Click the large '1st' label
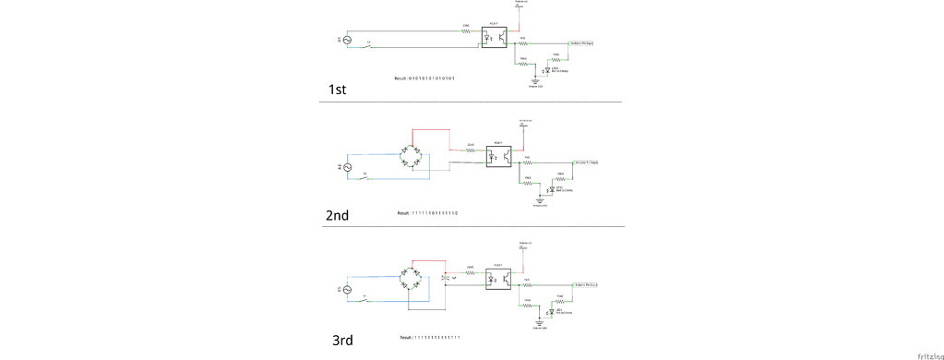coord(337,90)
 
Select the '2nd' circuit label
coord(337,215)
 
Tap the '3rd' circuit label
coord(342,341)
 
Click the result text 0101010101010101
coord(424,78)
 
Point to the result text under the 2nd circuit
coord(427,213)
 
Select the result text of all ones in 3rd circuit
coord(430,338)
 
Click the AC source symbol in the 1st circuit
coord(347,39)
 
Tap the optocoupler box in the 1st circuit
coord(495,38)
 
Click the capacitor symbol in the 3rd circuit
coord(446,277)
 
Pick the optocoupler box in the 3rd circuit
coord(497,279)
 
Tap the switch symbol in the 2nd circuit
coord(366,176)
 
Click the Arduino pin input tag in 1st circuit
coord(581,42)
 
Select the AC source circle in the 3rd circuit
coord(348,290)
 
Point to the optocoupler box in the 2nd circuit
coord(498,156)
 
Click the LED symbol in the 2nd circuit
coord(550,189)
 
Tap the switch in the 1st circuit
coord(369,47)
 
